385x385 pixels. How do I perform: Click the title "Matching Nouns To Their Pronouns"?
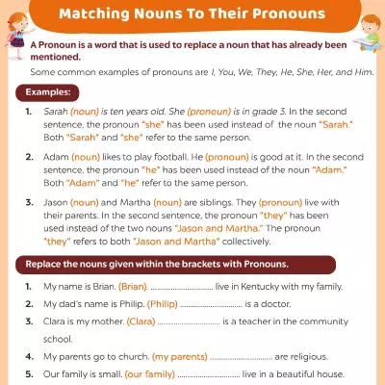[x=192, y=15]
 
